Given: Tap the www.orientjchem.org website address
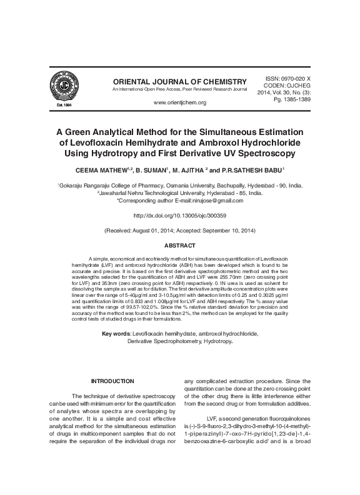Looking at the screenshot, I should pyautogui.click(x=179, y=102).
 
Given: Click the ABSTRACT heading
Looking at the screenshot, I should pyautogui.click(x=179, y=246).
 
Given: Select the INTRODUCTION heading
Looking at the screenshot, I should pyautogui.click(x=112, y=381).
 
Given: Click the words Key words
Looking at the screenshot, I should pyautogui.click(x=116, y=334).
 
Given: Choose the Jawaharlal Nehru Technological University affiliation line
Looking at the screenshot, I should pyautogui.click(x=179, y=193).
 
